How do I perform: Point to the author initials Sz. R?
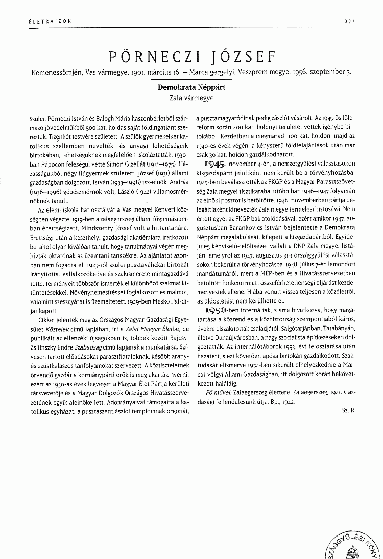coord(348,410)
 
